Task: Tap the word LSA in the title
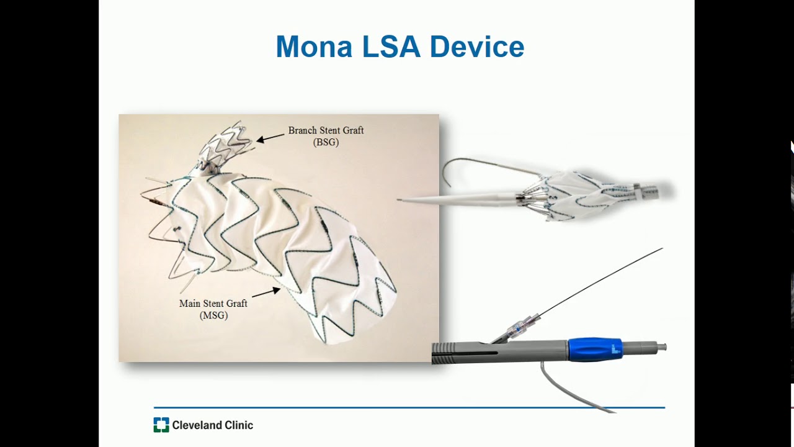point(387,47)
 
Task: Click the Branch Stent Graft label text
point(326,131)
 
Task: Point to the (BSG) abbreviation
point(326,142)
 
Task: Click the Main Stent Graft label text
point(213,304)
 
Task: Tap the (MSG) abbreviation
point(213,315)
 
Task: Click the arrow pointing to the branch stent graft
point(270,138)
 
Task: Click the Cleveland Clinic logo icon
point(161,425)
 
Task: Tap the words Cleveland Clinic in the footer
point(212,425)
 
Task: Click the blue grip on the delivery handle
point(594,350)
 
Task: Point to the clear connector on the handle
point(519,327)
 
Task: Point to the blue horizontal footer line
point(409,408)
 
